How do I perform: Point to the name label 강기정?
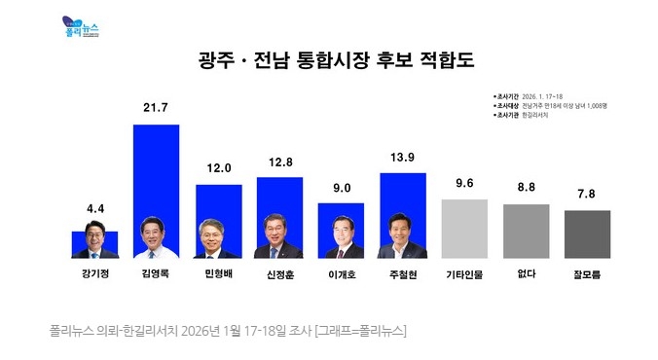[94, 274]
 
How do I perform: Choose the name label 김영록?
[156, 274]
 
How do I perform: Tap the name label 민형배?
[218, 274]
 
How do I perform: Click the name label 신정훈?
[279, 274]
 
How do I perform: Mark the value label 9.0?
[341, 185]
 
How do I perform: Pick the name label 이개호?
[341, 274]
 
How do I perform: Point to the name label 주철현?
[402, 274]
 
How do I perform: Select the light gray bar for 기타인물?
[464, 229]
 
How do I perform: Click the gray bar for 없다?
[526, 232]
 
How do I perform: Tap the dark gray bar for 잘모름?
[587, 234]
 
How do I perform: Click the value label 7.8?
[587, 194]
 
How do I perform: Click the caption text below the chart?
[227, 331]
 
